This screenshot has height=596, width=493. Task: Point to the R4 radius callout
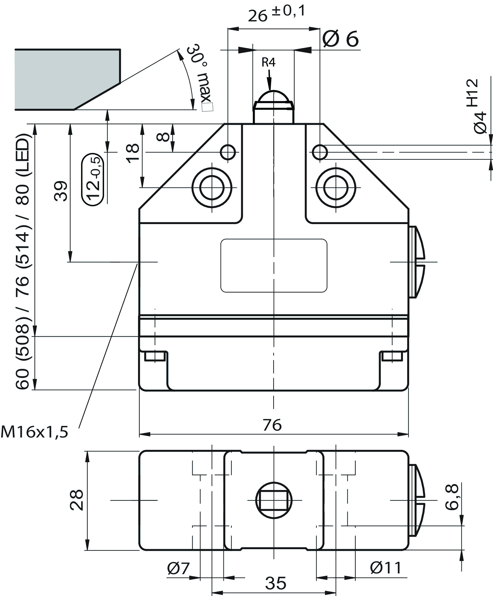pos(268,62)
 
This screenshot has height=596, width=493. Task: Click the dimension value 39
pos(60,191)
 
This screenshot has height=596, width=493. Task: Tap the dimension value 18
pos(133,153)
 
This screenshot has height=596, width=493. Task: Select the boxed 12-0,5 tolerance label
pos(93,179)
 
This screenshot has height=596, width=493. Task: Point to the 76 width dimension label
pos(272,425)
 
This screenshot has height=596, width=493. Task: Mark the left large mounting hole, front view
pos(212,187)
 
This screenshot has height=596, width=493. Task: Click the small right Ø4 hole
pos(320,152)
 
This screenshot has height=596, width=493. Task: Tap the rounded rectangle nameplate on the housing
pos(274,265)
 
